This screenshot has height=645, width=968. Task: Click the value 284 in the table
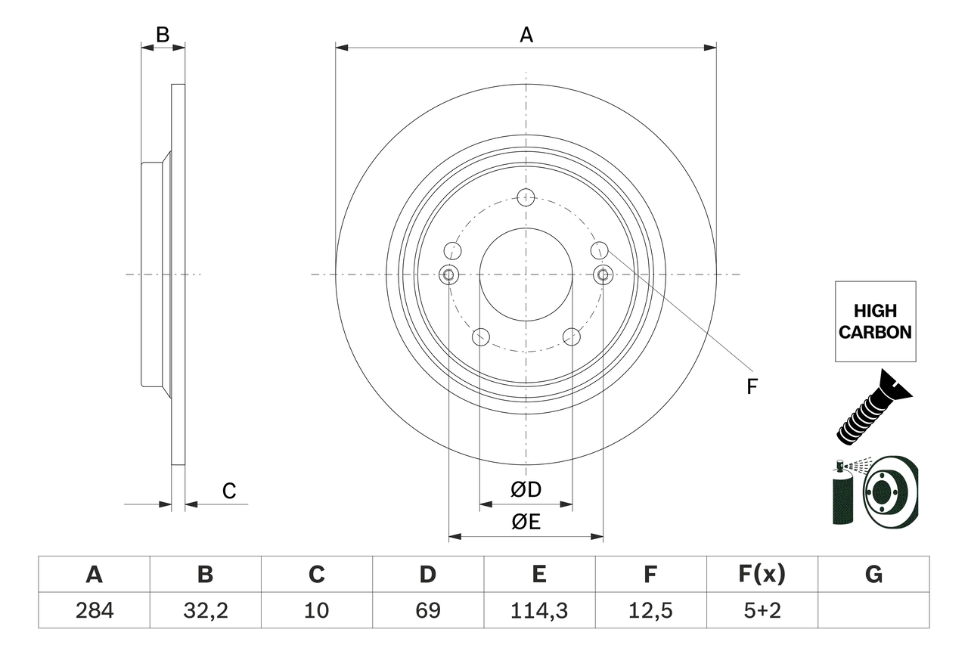click(94, 610)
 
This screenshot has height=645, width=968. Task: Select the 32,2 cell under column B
click(205, 610)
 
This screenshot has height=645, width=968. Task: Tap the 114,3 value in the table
click(538, 610)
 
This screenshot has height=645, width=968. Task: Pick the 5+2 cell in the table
click(762, 610)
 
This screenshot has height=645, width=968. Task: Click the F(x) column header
click(762, 575)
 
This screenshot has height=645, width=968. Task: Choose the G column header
click(873, 575)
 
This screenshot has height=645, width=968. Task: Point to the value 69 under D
click(427, 610)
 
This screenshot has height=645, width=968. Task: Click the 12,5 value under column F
click(650, 610)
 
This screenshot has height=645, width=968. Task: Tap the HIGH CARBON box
click(875, 321)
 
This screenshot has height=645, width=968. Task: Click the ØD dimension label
click(526, 490)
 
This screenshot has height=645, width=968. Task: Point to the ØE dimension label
click(526, 523)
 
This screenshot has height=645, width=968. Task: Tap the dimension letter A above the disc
click(526, 35)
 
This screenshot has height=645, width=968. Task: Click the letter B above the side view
click(162, 34)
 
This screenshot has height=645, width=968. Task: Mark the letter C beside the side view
click(229, 492)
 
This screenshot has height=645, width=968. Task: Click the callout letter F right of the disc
click(751, 387)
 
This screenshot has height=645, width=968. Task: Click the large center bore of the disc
click(526, 274)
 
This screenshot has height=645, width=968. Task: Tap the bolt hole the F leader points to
click(599, 250)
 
